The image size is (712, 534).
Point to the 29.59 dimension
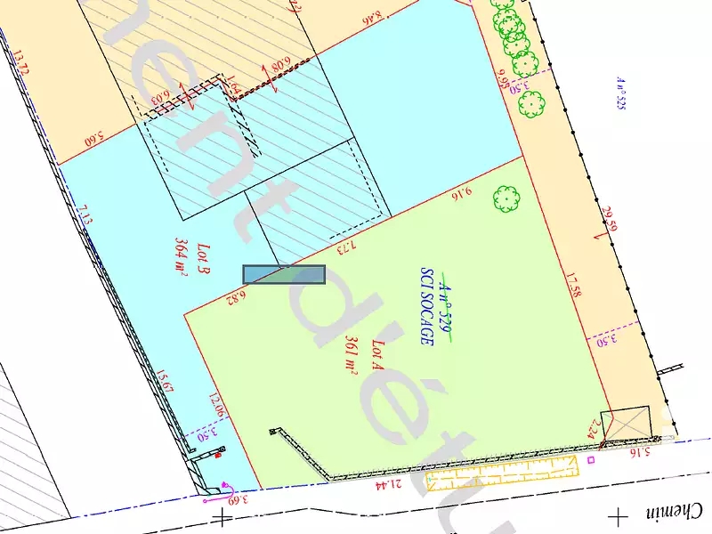point(609,219)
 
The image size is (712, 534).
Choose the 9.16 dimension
point(461,190)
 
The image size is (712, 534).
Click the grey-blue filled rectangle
point(284,275)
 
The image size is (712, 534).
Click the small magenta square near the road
point(591,460)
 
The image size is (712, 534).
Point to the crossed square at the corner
point(626,424)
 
